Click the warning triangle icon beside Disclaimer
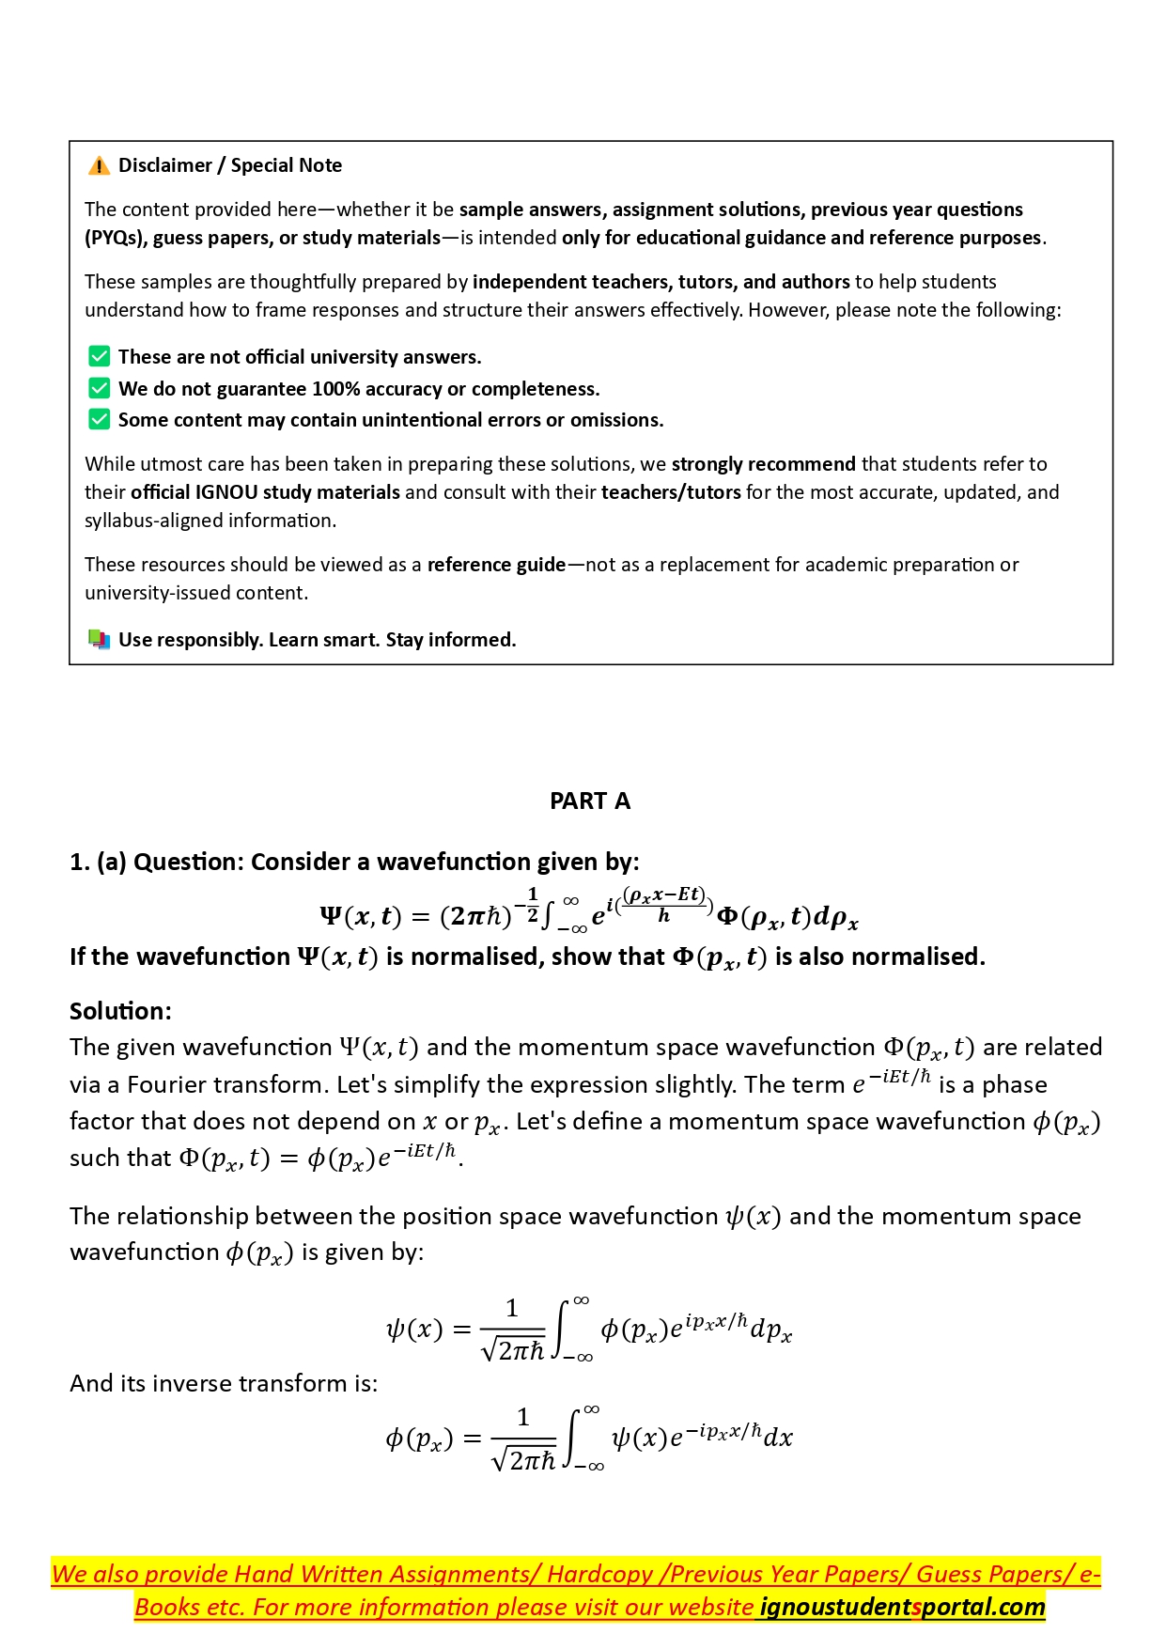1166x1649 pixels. coord(99,166)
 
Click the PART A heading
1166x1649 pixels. coord(590,801)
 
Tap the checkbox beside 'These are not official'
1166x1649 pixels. coord(99,357)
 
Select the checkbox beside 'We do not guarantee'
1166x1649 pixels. coord(99,388)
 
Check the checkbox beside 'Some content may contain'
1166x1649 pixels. coord(99,419)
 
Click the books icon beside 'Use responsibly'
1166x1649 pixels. coord(99,640)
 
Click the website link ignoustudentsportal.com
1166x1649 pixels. coord(901,1608)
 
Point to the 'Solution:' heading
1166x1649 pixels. coord(120,1011)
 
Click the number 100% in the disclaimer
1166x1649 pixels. coord(336,389)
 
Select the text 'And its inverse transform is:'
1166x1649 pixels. coord(224,1383)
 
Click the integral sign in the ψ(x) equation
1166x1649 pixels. coord(560,1330)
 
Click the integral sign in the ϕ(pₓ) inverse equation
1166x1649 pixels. coord(571,1438)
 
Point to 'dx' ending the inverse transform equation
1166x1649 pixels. coord(778,1438)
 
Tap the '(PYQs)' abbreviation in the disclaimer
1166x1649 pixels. coord(116,238)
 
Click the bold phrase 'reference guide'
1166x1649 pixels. coord(496,565)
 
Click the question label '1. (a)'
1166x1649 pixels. coord(98,862)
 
